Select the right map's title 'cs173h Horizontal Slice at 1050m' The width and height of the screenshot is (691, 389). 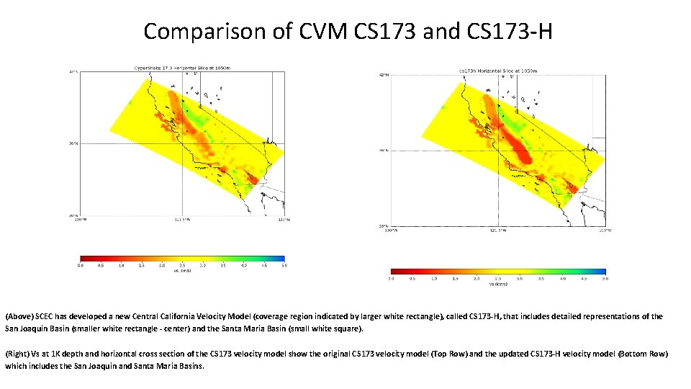(x=498, y=71)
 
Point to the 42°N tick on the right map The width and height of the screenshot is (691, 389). (x=384, y=75)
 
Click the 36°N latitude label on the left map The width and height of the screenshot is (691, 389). (x=73, y=143)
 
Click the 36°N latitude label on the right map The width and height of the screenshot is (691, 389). (x=384, y=151)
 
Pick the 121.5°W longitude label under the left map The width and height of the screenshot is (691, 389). (x=182, y=220)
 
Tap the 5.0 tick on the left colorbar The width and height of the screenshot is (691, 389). (x=284, y=266)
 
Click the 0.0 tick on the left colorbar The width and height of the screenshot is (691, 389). (x=81, y=266)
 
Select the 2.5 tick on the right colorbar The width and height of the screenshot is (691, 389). (x=498, y=278)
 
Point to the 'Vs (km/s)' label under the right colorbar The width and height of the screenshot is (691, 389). (x=498, y=284)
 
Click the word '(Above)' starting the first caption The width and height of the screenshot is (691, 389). (x=18, y=316)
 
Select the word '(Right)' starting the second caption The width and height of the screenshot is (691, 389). (x=17, y=354)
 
